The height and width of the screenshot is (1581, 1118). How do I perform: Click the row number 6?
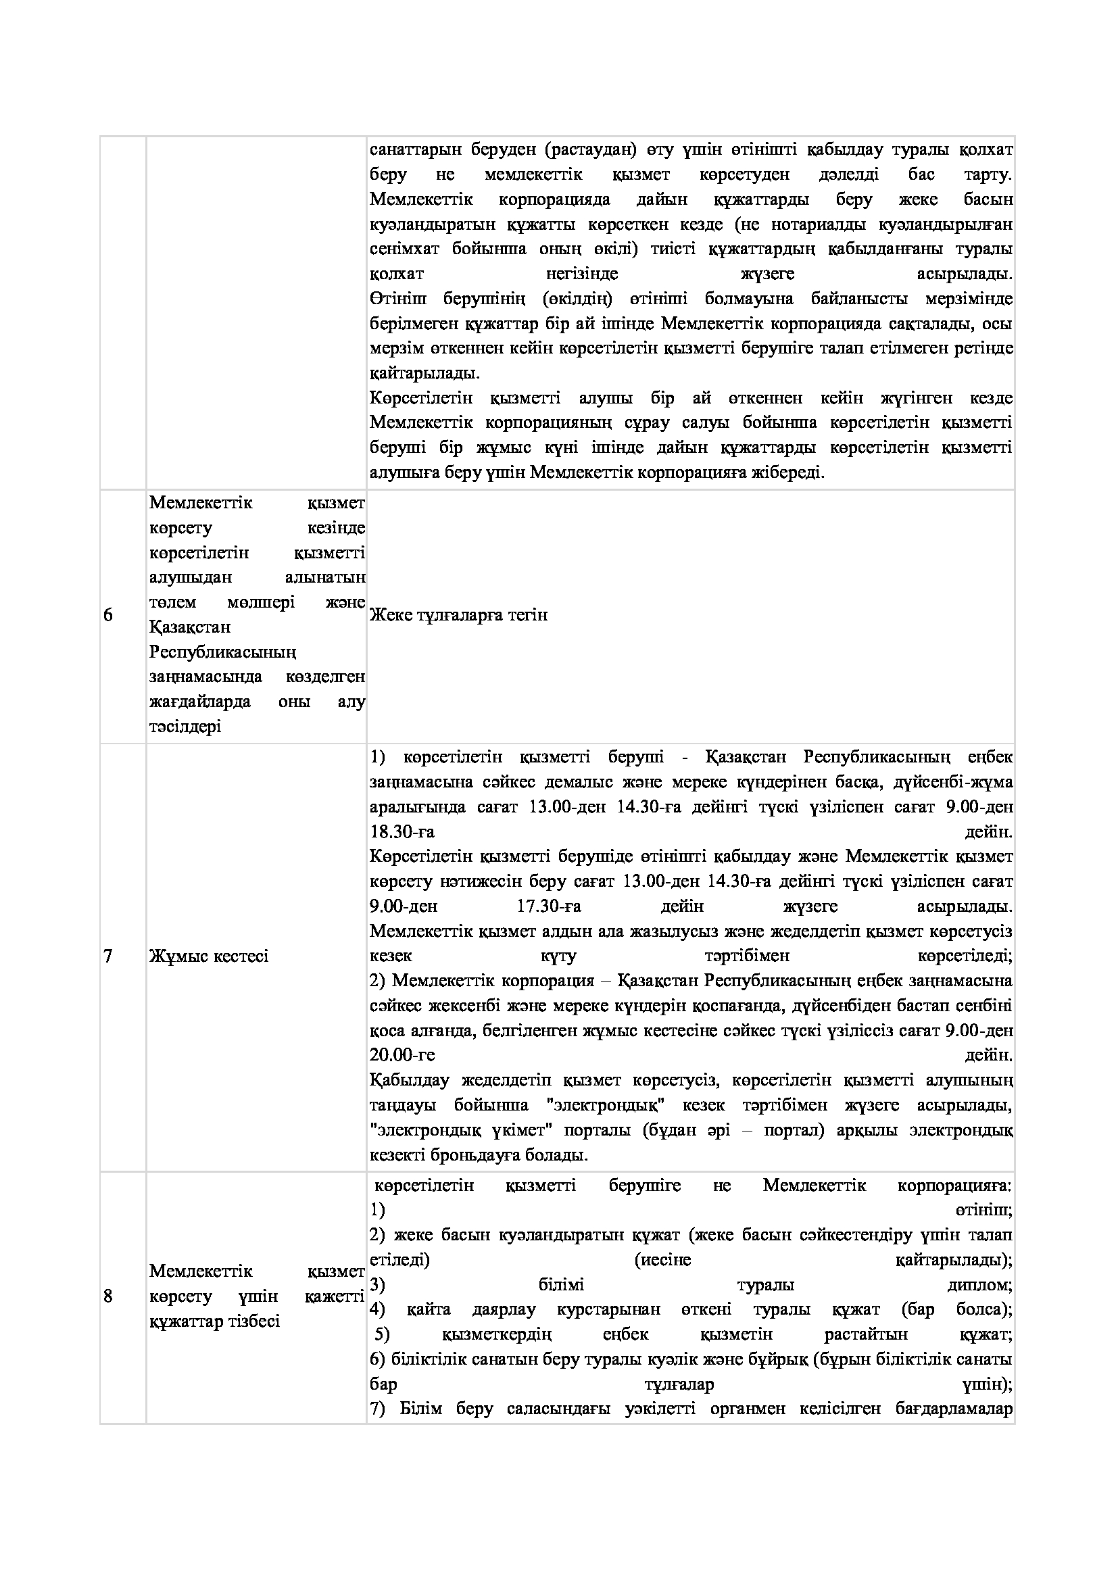pos(108,615)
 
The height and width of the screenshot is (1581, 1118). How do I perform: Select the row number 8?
pos(108,1296)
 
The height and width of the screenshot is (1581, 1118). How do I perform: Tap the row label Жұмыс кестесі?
pos(209,956)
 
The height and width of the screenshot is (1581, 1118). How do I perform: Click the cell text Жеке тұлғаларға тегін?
pos(458,615)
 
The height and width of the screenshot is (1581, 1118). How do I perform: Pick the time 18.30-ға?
pos(402,832)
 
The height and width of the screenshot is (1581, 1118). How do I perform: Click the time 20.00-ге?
pos(402,1055)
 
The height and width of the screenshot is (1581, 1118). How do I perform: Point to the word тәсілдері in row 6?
pos(185,727)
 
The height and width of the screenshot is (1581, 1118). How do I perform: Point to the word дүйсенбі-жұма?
pos(955,782)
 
